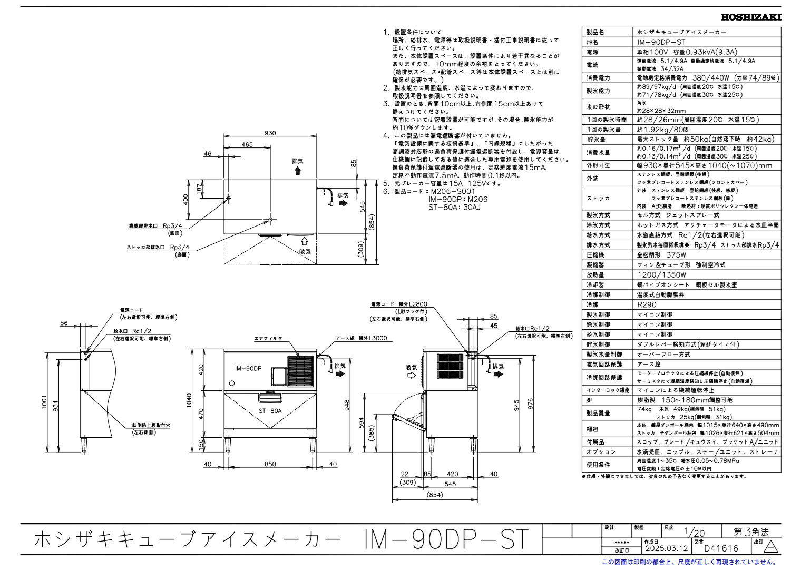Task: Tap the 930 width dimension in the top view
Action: (x=270, y=134)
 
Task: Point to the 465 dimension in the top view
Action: (x=247, y=144)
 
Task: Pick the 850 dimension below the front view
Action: (x=270, y=464)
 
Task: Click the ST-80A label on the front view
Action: (x=270, y=411)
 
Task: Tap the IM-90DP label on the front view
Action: (x=249, y=369)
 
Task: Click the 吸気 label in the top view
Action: (x=305, y=251)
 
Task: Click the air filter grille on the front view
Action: (x=300, y=368)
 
